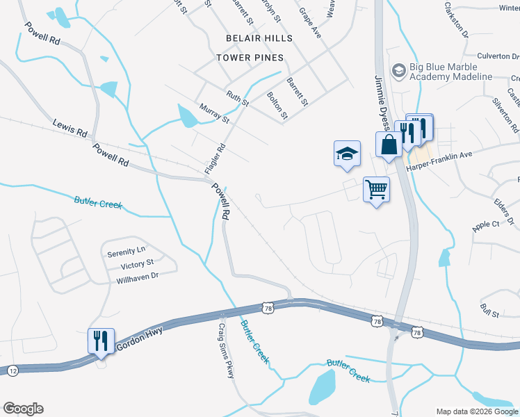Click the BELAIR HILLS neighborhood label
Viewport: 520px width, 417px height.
[259, 38]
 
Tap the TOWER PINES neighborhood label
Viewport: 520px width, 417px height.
[250, 57]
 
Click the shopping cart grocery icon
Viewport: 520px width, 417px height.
[376, 189]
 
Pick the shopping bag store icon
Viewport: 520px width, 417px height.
[388, 145]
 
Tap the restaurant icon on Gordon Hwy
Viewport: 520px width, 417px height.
[101, 341]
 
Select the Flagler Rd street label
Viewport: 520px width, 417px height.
[216, 158]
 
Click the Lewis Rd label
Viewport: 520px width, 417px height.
[70, 129]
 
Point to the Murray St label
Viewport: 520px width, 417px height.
[213, 113]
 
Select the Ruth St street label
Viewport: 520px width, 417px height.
[237, 98]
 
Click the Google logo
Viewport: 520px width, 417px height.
[23, 409]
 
